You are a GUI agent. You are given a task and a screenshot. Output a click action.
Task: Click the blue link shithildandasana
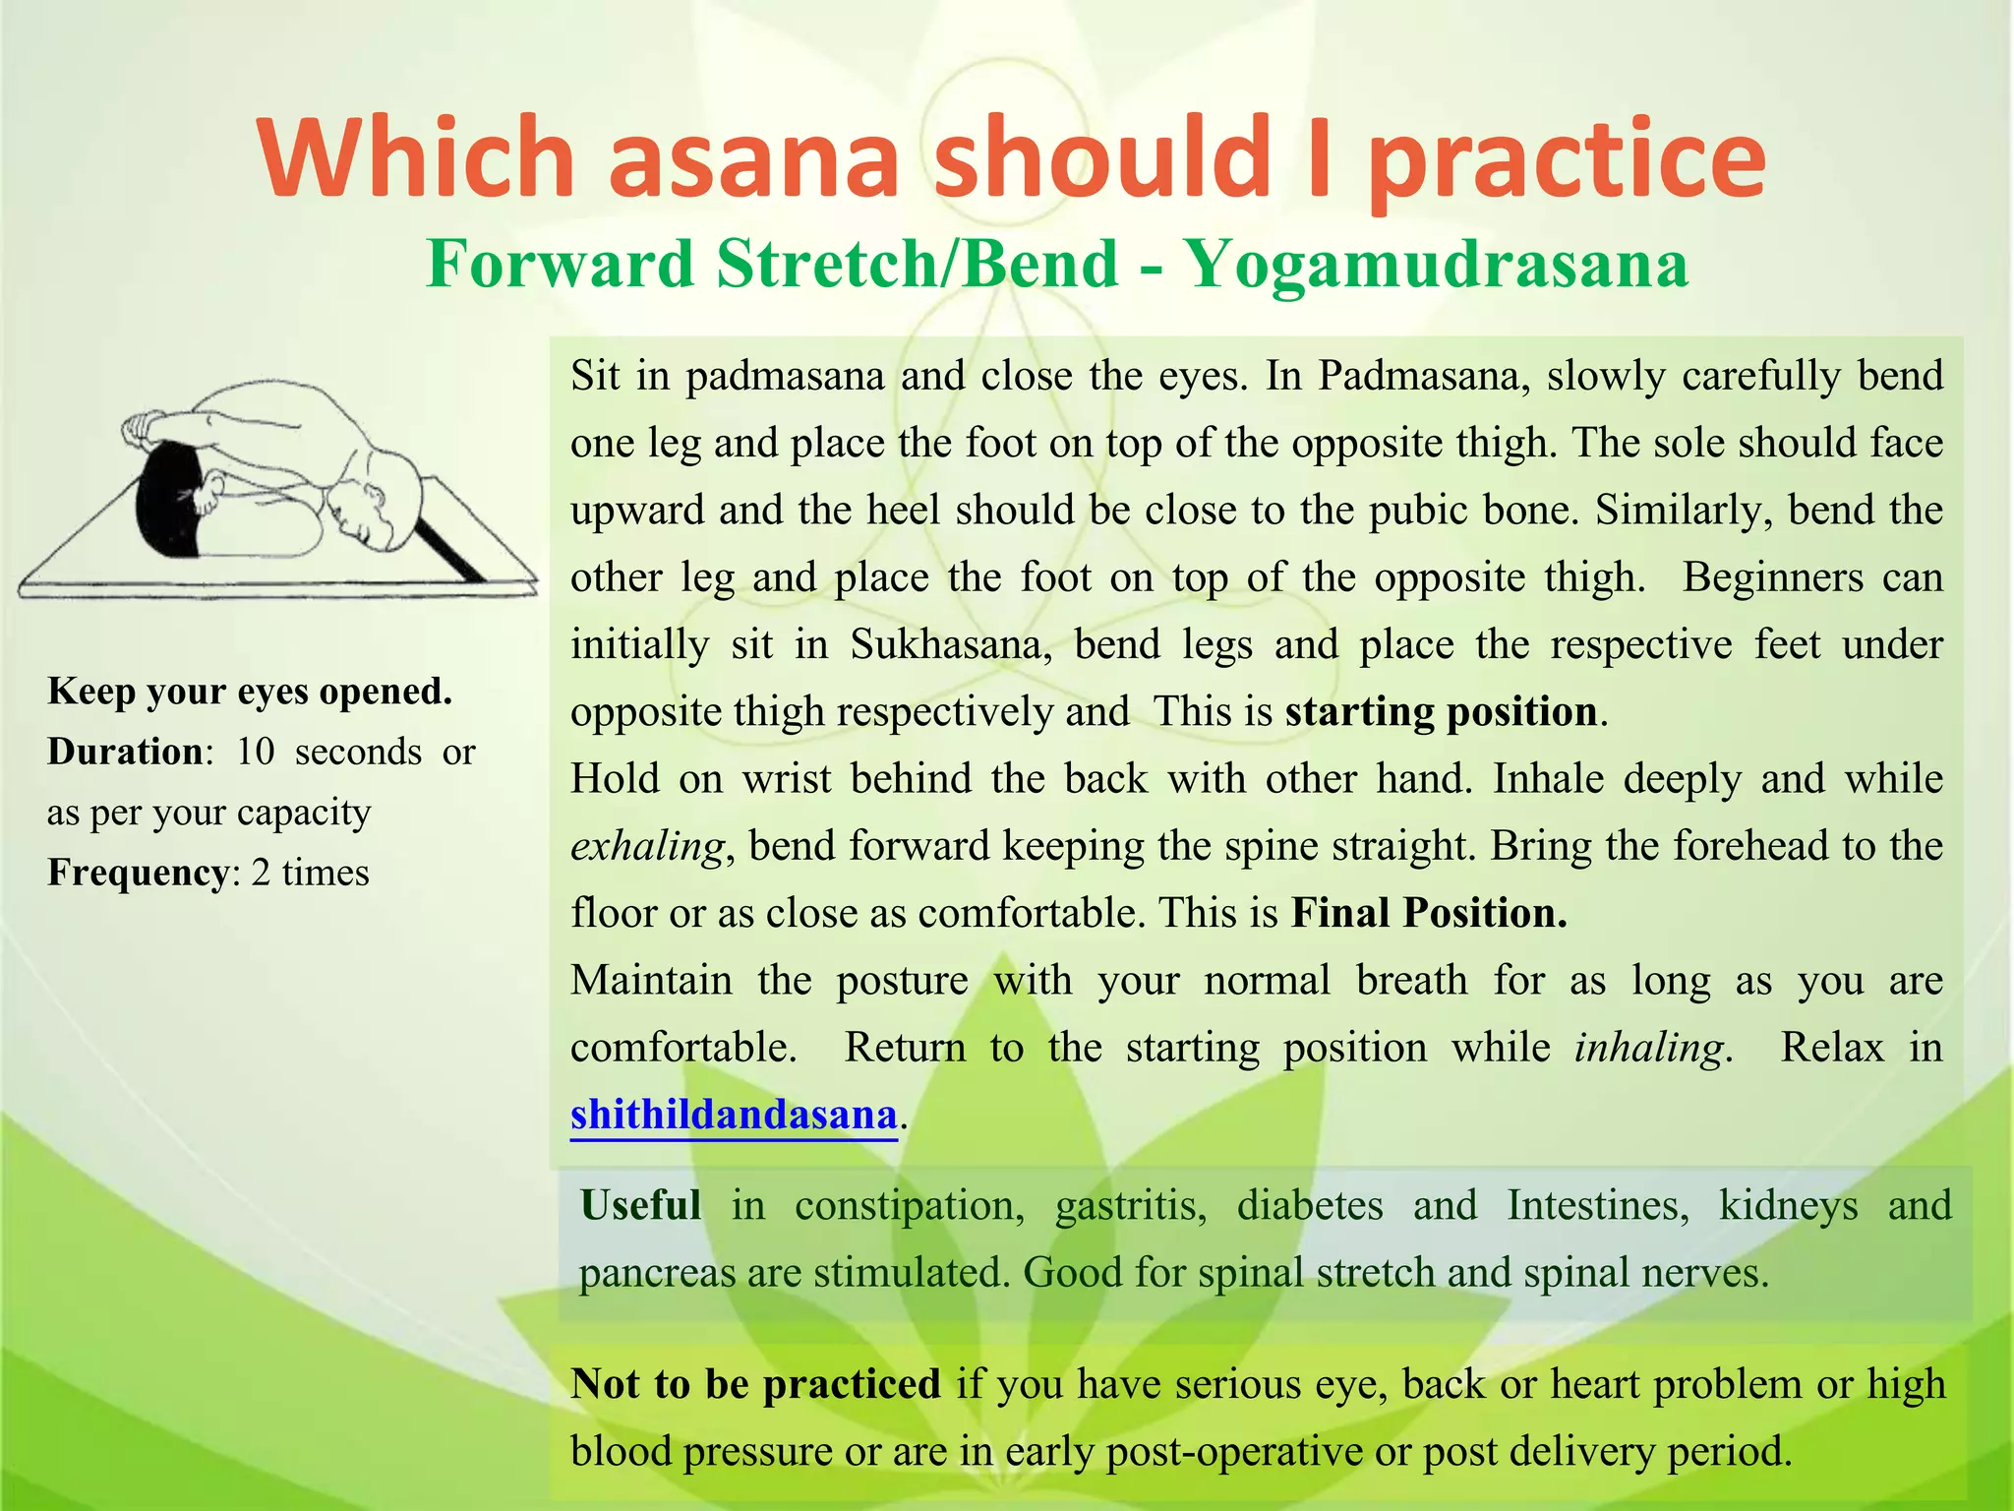(x=734, y=1115)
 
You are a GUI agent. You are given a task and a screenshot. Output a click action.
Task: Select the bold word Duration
(x=125, y=752)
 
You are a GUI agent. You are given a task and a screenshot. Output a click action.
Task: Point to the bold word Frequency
(x=138, y=873)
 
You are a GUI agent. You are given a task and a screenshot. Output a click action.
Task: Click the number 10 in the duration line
(x=255, y=752)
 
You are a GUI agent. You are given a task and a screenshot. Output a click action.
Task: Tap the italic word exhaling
(x=647, y=846)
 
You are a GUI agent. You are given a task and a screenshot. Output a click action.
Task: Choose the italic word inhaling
(x=1648, y=1047)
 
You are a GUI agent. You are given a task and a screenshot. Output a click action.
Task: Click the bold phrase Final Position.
(x=1429, y=913)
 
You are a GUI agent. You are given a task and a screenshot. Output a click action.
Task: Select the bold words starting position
(x=1441, y=711)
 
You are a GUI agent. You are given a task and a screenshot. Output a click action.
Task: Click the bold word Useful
(x=640, y=1205)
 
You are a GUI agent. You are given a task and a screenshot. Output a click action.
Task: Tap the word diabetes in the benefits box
(x=1310, y=1205)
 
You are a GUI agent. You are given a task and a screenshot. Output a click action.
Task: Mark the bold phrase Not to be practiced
(x=755, y=1384)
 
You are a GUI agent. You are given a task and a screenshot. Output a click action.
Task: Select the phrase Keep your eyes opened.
(x=250, y=691)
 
